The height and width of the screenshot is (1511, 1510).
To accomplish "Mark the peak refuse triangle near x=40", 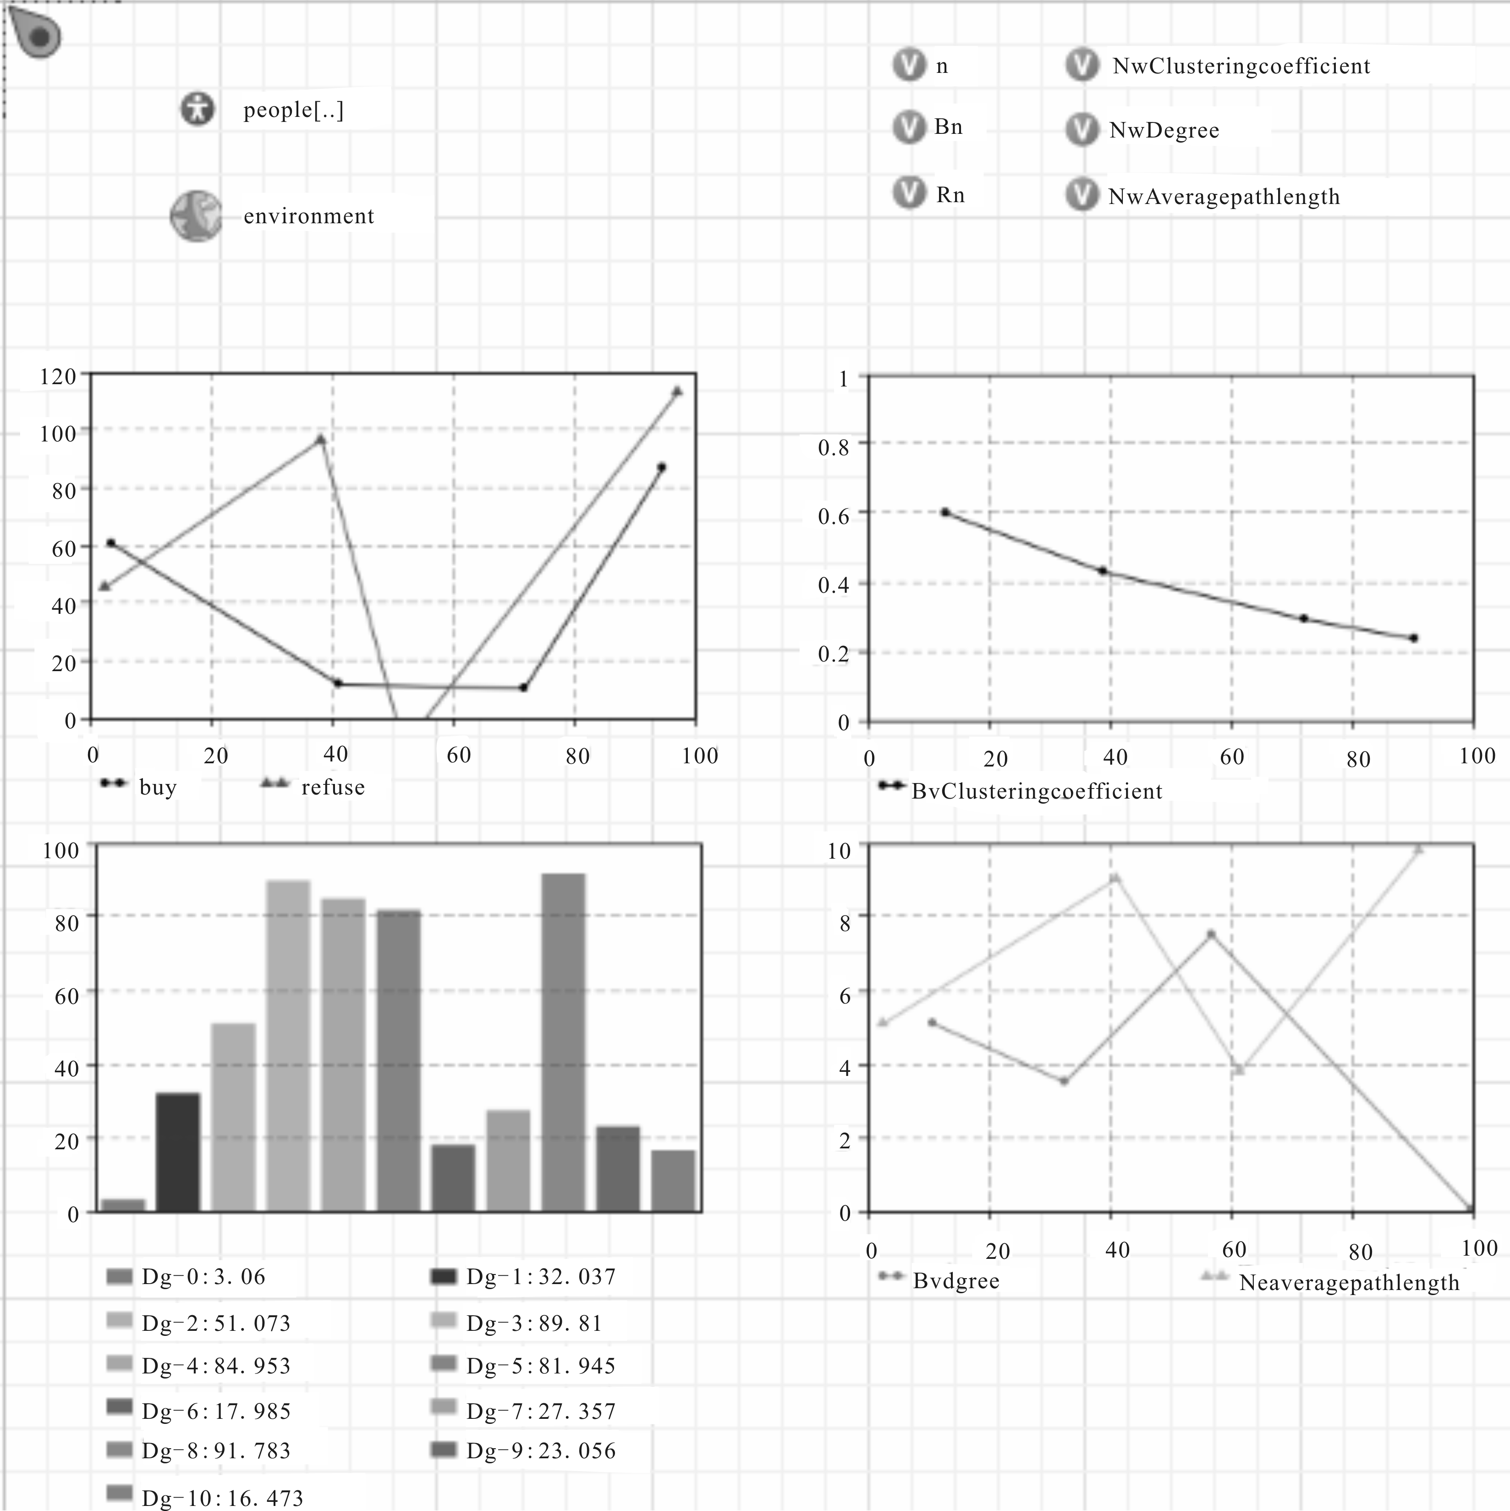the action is point(320,439).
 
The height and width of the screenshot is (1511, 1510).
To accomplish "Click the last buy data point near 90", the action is point(662,467).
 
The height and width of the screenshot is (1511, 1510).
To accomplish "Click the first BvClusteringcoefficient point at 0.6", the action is point(944,512).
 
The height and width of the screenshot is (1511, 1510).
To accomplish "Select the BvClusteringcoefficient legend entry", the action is point(1021,791).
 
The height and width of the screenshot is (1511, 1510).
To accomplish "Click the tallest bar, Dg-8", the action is point(563,1042).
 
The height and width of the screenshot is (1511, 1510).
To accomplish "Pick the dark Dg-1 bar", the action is point(178,1152).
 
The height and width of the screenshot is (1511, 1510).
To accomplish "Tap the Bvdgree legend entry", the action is point(939,1280).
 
